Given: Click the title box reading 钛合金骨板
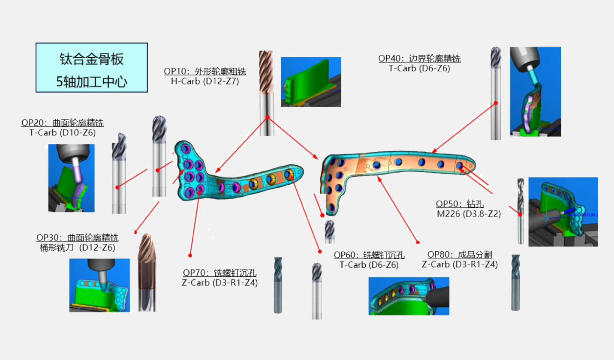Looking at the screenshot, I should [x=91, y=68].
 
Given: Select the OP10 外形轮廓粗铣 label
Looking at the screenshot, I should [x=205, y=71].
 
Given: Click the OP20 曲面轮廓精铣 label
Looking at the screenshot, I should [x=63, y=123].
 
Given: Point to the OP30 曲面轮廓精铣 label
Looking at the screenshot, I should [x=78, y=237].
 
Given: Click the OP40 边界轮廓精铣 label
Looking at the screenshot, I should [x=419, y=59].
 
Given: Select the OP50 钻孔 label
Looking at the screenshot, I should [x=460, y=204].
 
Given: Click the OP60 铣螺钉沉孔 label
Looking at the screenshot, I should [x=369, y=255].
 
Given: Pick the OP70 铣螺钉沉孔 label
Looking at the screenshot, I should [x=220, y=273].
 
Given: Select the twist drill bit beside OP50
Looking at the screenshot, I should [x=521, y=211].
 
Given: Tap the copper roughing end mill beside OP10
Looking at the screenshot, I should [x=266, y=93].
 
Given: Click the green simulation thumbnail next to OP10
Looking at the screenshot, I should [x=311, y=82].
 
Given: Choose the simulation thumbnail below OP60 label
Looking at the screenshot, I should [x=409, y=296].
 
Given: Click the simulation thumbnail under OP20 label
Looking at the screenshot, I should [x=71, y=178].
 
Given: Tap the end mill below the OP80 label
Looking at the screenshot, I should [x=515, y=282].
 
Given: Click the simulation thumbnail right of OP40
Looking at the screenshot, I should [x=535, y=92].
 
